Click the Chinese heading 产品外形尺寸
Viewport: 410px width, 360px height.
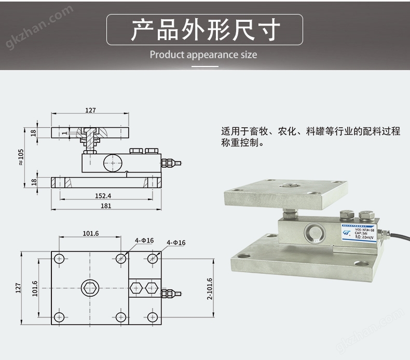(204, 30)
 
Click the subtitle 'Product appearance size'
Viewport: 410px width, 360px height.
(203, 55)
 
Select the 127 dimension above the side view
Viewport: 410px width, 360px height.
(90, 110)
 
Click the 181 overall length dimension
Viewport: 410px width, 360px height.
(106, 206)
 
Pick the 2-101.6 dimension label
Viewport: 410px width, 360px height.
(210, 288)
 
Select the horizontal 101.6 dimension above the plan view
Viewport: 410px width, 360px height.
(90, 233)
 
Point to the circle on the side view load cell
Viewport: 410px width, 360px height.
(112, 163)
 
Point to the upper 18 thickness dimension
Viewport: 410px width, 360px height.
(34, 132)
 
